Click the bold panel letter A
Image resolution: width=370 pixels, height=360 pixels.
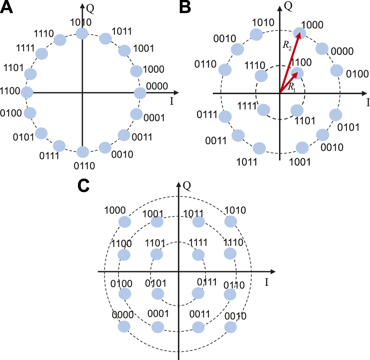8,8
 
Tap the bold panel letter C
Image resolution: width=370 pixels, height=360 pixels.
84,186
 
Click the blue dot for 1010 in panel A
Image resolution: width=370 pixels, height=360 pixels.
82,34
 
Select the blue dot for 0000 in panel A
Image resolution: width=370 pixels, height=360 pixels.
140,93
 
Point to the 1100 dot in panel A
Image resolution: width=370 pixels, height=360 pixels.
27,92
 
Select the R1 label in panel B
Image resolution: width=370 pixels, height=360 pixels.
292,86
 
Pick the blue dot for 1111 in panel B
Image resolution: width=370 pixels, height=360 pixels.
263,110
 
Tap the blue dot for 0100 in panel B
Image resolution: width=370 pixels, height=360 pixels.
336,70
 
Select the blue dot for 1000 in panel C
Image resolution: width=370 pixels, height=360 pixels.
124,221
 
